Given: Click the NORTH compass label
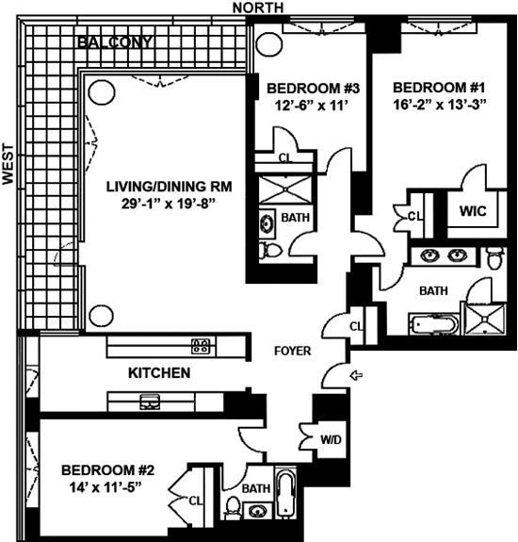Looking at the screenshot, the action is pos(258,8).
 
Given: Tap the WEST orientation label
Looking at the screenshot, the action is pos(8,164).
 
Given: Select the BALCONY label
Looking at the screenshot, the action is pos(115,42).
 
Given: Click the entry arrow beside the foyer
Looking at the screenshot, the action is pos(356,375).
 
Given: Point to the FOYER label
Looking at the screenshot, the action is pos(293,352).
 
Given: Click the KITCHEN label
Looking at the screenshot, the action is pos(159,373).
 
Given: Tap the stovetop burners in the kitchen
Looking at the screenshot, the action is pos(201,346).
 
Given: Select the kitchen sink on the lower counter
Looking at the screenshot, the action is pos(150,402).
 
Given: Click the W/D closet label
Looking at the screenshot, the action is pos(331,439).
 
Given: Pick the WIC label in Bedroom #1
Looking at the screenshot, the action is pos(473,211).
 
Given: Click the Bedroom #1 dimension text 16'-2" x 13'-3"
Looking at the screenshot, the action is pos(439,104).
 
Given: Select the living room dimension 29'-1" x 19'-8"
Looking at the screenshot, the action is pos(169,204).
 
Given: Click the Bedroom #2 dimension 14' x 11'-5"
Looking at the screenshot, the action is pos(105,487).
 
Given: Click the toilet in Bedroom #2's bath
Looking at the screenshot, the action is pos(232,507).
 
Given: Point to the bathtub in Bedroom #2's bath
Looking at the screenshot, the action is pos(286,493).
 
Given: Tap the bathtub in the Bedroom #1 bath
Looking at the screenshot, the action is pos(434,324).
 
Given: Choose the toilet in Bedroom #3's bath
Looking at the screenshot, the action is pos(270,250).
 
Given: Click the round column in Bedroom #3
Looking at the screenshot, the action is pos(269,44).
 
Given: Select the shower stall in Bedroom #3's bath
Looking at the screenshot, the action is pos(286,189).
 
